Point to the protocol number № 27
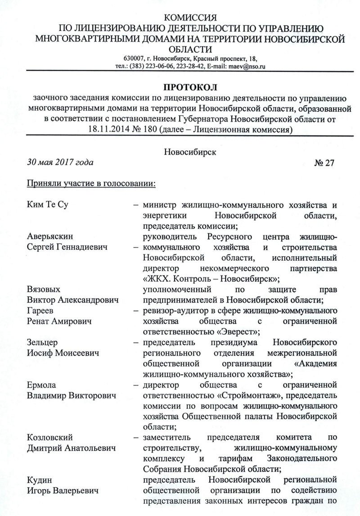click(x=324, y=163)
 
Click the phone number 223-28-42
click(x=198, y=67)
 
